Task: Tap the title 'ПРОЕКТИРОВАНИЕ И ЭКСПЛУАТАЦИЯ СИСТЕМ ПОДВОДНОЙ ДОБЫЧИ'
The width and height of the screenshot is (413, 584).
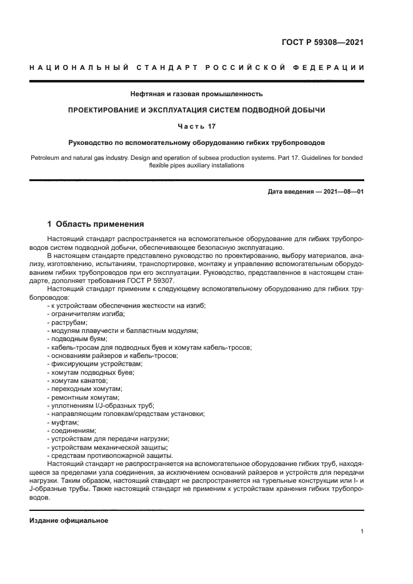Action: click(197, 110)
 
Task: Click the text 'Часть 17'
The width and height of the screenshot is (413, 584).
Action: click(197, 126)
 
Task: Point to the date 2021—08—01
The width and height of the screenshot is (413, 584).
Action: click(342, 191)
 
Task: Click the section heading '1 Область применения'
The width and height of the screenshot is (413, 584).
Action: click(96, 224)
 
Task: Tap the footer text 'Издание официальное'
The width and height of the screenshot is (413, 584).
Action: click(69, 520)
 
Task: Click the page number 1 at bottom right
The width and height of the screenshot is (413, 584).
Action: click(362, 532)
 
